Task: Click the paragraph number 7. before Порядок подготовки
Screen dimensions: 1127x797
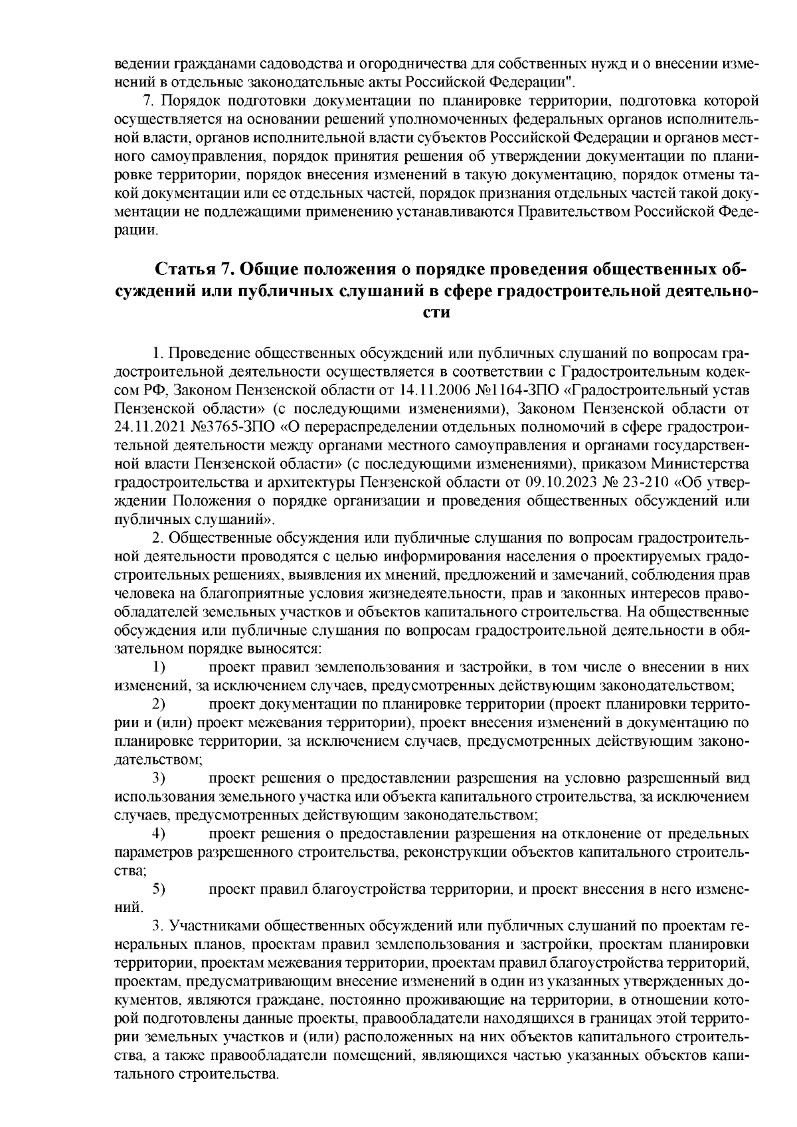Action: click(x=149, y=101)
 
